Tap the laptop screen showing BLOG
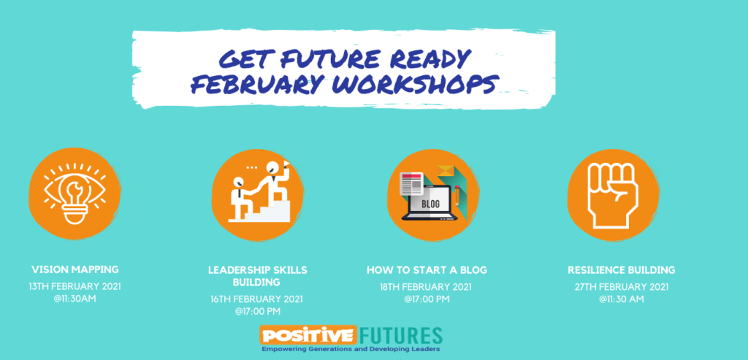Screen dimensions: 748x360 [431, 203]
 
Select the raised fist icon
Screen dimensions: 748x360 [613, 195]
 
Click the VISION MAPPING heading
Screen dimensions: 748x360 [75, 269]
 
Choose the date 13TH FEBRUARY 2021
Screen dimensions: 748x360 [75, 286]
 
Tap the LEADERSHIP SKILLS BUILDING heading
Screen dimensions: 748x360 [258, 276]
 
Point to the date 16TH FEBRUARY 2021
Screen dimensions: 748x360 [256, 299]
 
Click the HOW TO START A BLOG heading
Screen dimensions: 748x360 [427, 270]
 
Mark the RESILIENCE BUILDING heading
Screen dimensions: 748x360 [621, 270]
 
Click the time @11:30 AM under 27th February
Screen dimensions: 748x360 [622, 299]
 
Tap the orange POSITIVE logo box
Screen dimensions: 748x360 [308, 334]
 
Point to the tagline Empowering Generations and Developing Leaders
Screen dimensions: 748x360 [351, 349]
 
